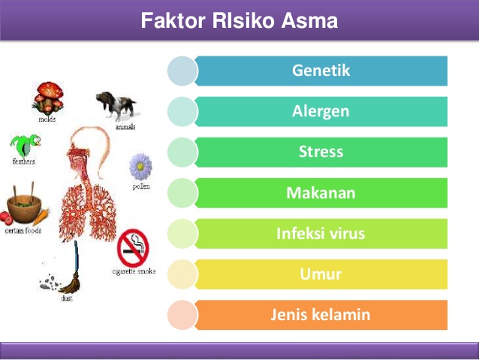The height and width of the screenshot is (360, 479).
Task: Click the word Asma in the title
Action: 309,21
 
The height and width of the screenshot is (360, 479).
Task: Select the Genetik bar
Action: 321,71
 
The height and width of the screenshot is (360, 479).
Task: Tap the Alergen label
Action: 321,112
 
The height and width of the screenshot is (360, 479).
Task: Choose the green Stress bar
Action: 321,153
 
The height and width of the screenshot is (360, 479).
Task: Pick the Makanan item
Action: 321,193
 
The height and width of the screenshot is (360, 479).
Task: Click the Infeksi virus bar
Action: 321,234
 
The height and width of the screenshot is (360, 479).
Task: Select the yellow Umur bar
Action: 321,274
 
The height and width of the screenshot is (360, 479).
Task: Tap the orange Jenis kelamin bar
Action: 321,315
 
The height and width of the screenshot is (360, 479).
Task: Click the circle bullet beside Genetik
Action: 182,71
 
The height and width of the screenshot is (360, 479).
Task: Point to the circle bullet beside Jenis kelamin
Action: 182,315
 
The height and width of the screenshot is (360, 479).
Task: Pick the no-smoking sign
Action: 133,247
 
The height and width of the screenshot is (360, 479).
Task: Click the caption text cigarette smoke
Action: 134,271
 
